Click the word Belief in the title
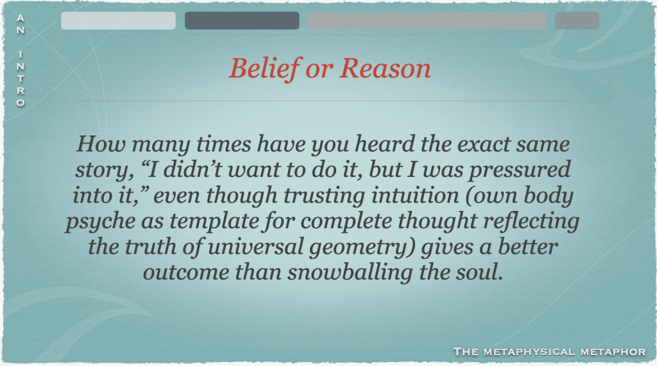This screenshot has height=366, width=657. pos(265,68)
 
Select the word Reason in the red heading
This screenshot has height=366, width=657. pos(385,68)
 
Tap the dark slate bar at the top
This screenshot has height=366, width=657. pos(242,21)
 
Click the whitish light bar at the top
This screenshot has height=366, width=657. pos(118,21)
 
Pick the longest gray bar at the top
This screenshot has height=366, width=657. pos(427,21)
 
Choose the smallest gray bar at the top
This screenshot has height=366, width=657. pos(577,21)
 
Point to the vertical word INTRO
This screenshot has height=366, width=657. pos(21,79)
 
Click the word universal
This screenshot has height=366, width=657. pos(255,247)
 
